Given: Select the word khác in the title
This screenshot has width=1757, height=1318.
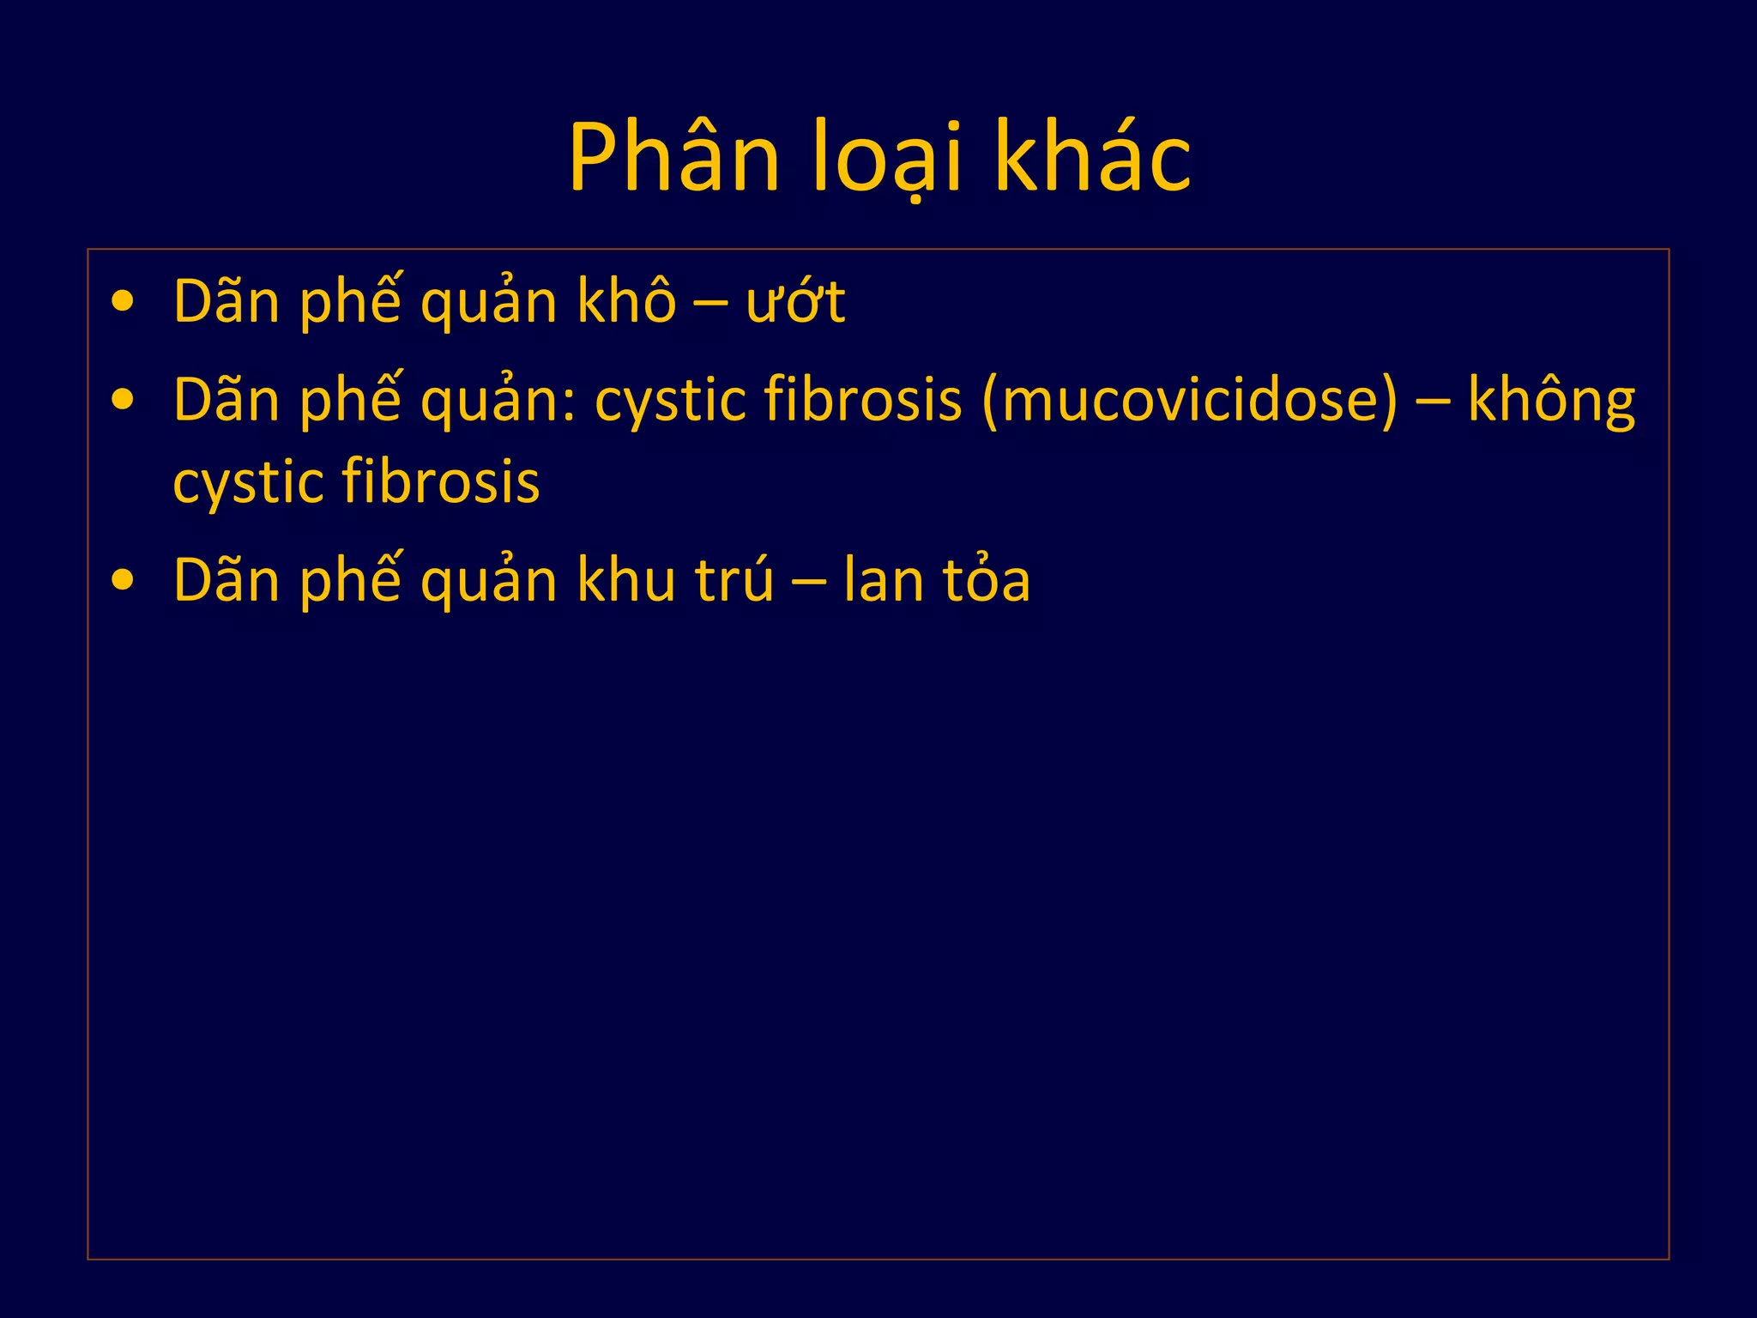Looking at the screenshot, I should point(1092,157).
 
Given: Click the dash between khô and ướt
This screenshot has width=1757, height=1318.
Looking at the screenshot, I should point(710,304).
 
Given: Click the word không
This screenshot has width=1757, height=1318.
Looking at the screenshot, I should point(1551,400).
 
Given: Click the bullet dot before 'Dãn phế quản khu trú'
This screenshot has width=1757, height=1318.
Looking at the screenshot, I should point(124,580).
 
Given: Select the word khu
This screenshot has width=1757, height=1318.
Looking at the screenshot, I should point(626,580).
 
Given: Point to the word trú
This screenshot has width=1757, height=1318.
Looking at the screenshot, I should point(735,580).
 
